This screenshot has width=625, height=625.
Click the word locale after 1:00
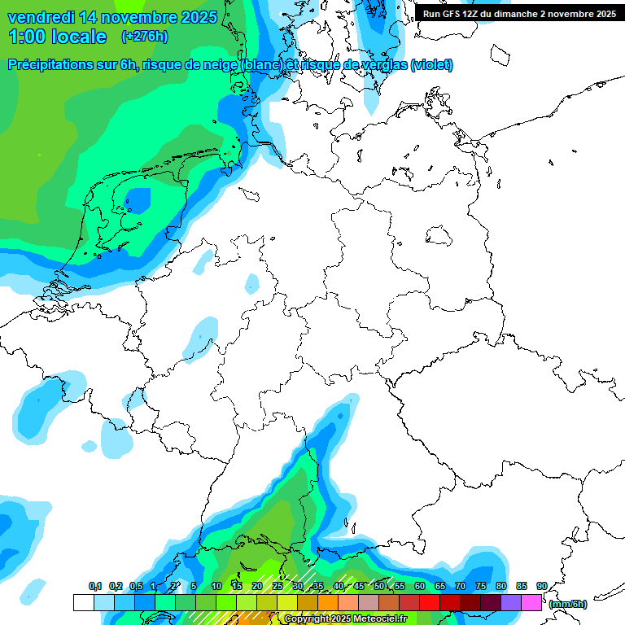(79, 37)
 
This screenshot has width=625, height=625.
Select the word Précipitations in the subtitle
(53, 65)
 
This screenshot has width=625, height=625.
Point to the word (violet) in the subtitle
(432, 65)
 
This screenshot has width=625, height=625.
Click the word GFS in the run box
(457, 14)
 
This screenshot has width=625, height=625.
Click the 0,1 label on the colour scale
(95, 586)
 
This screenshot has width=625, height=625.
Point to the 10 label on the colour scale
(216, 586)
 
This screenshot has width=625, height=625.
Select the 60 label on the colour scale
(420, 586)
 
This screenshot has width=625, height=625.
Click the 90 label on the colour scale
(541, 586)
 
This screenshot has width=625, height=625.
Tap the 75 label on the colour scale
(481, 586)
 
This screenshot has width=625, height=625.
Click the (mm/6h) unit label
(568, 604)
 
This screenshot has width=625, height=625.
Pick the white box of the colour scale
(83, 602)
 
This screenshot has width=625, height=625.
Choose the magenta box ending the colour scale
(531, 602)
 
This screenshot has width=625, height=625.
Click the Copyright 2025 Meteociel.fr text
(345, 619)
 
